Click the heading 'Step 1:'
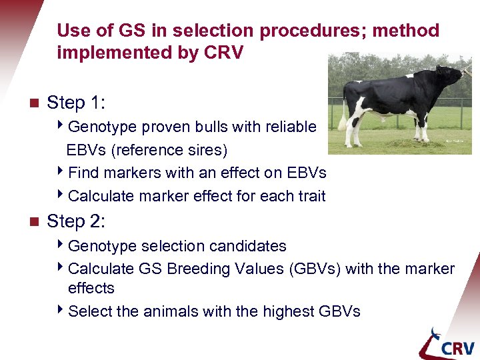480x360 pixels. tap(76, 103)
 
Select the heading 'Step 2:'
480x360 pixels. tap(76, 221)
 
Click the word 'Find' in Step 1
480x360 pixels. tap(83, 173)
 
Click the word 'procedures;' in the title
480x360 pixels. tap(313, 31)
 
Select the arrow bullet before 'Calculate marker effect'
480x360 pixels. tap(61, 195)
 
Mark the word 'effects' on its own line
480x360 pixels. tap(91, 288)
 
